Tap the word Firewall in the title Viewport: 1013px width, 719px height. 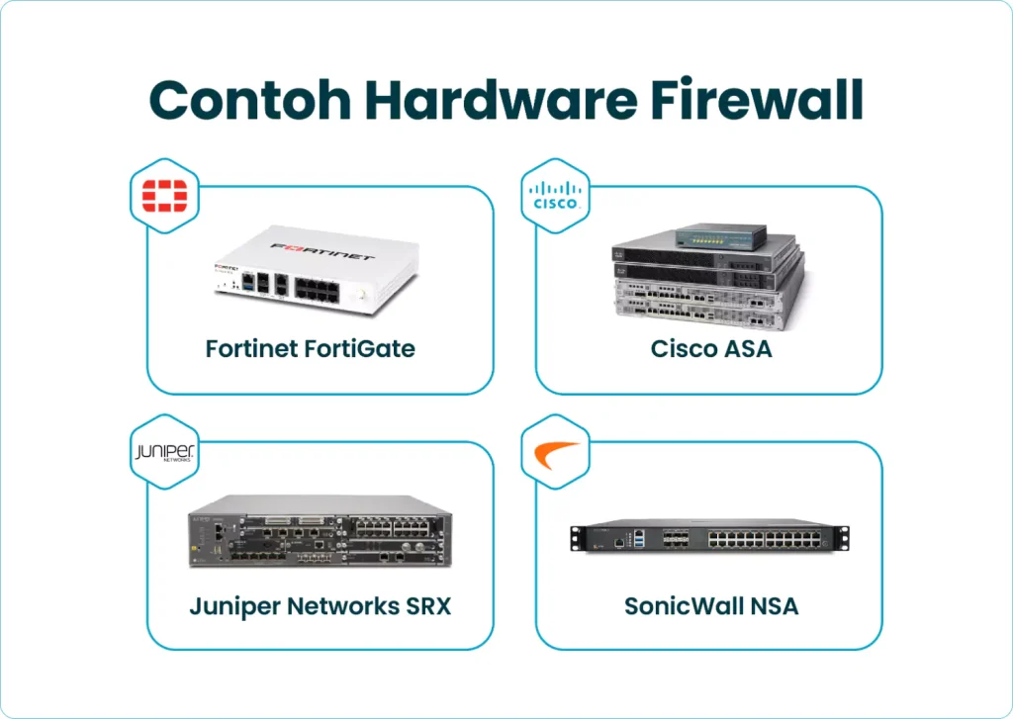point(763,100)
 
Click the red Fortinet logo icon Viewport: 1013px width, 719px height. point(166,196)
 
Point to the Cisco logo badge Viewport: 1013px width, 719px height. point(555,196)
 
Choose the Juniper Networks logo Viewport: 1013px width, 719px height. point(166,453)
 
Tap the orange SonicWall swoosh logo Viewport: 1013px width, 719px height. point(555,454)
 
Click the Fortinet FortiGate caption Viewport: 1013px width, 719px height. point(310,349)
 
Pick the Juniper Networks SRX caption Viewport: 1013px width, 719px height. point(320,605)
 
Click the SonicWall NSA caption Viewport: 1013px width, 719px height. point(711,605)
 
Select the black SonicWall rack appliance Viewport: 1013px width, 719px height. point(710,537)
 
